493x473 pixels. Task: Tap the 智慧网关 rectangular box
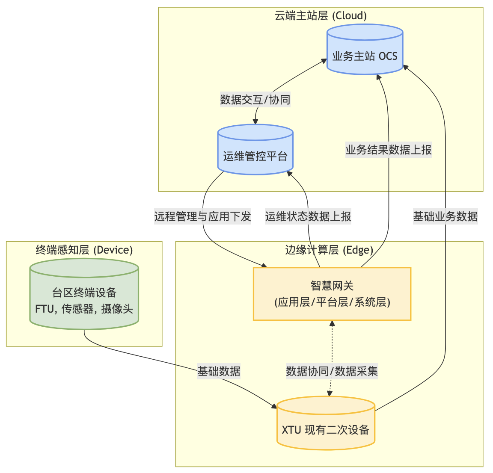pos(332,294)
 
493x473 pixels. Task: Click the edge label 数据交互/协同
pos(255,100)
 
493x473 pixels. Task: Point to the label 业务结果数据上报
pos(389,150)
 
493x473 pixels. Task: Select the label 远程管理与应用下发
pos(202,216)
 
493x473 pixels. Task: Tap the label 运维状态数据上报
pos(308,216)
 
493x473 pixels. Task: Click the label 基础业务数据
pos(445,216)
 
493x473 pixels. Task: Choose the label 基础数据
pos(219,371)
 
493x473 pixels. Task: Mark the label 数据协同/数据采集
pos(332,371)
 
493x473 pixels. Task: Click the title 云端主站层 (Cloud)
pos(321,16)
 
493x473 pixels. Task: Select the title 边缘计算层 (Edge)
pos(329,250)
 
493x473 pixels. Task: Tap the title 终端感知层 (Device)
pos(84,250)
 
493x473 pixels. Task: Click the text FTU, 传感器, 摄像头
pos(84,308)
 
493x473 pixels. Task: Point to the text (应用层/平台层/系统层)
pos(332,302)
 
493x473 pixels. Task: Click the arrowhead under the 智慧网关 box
pos(332,323)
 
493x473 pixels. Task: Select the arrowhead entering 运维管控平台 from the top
pos(255,121)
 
